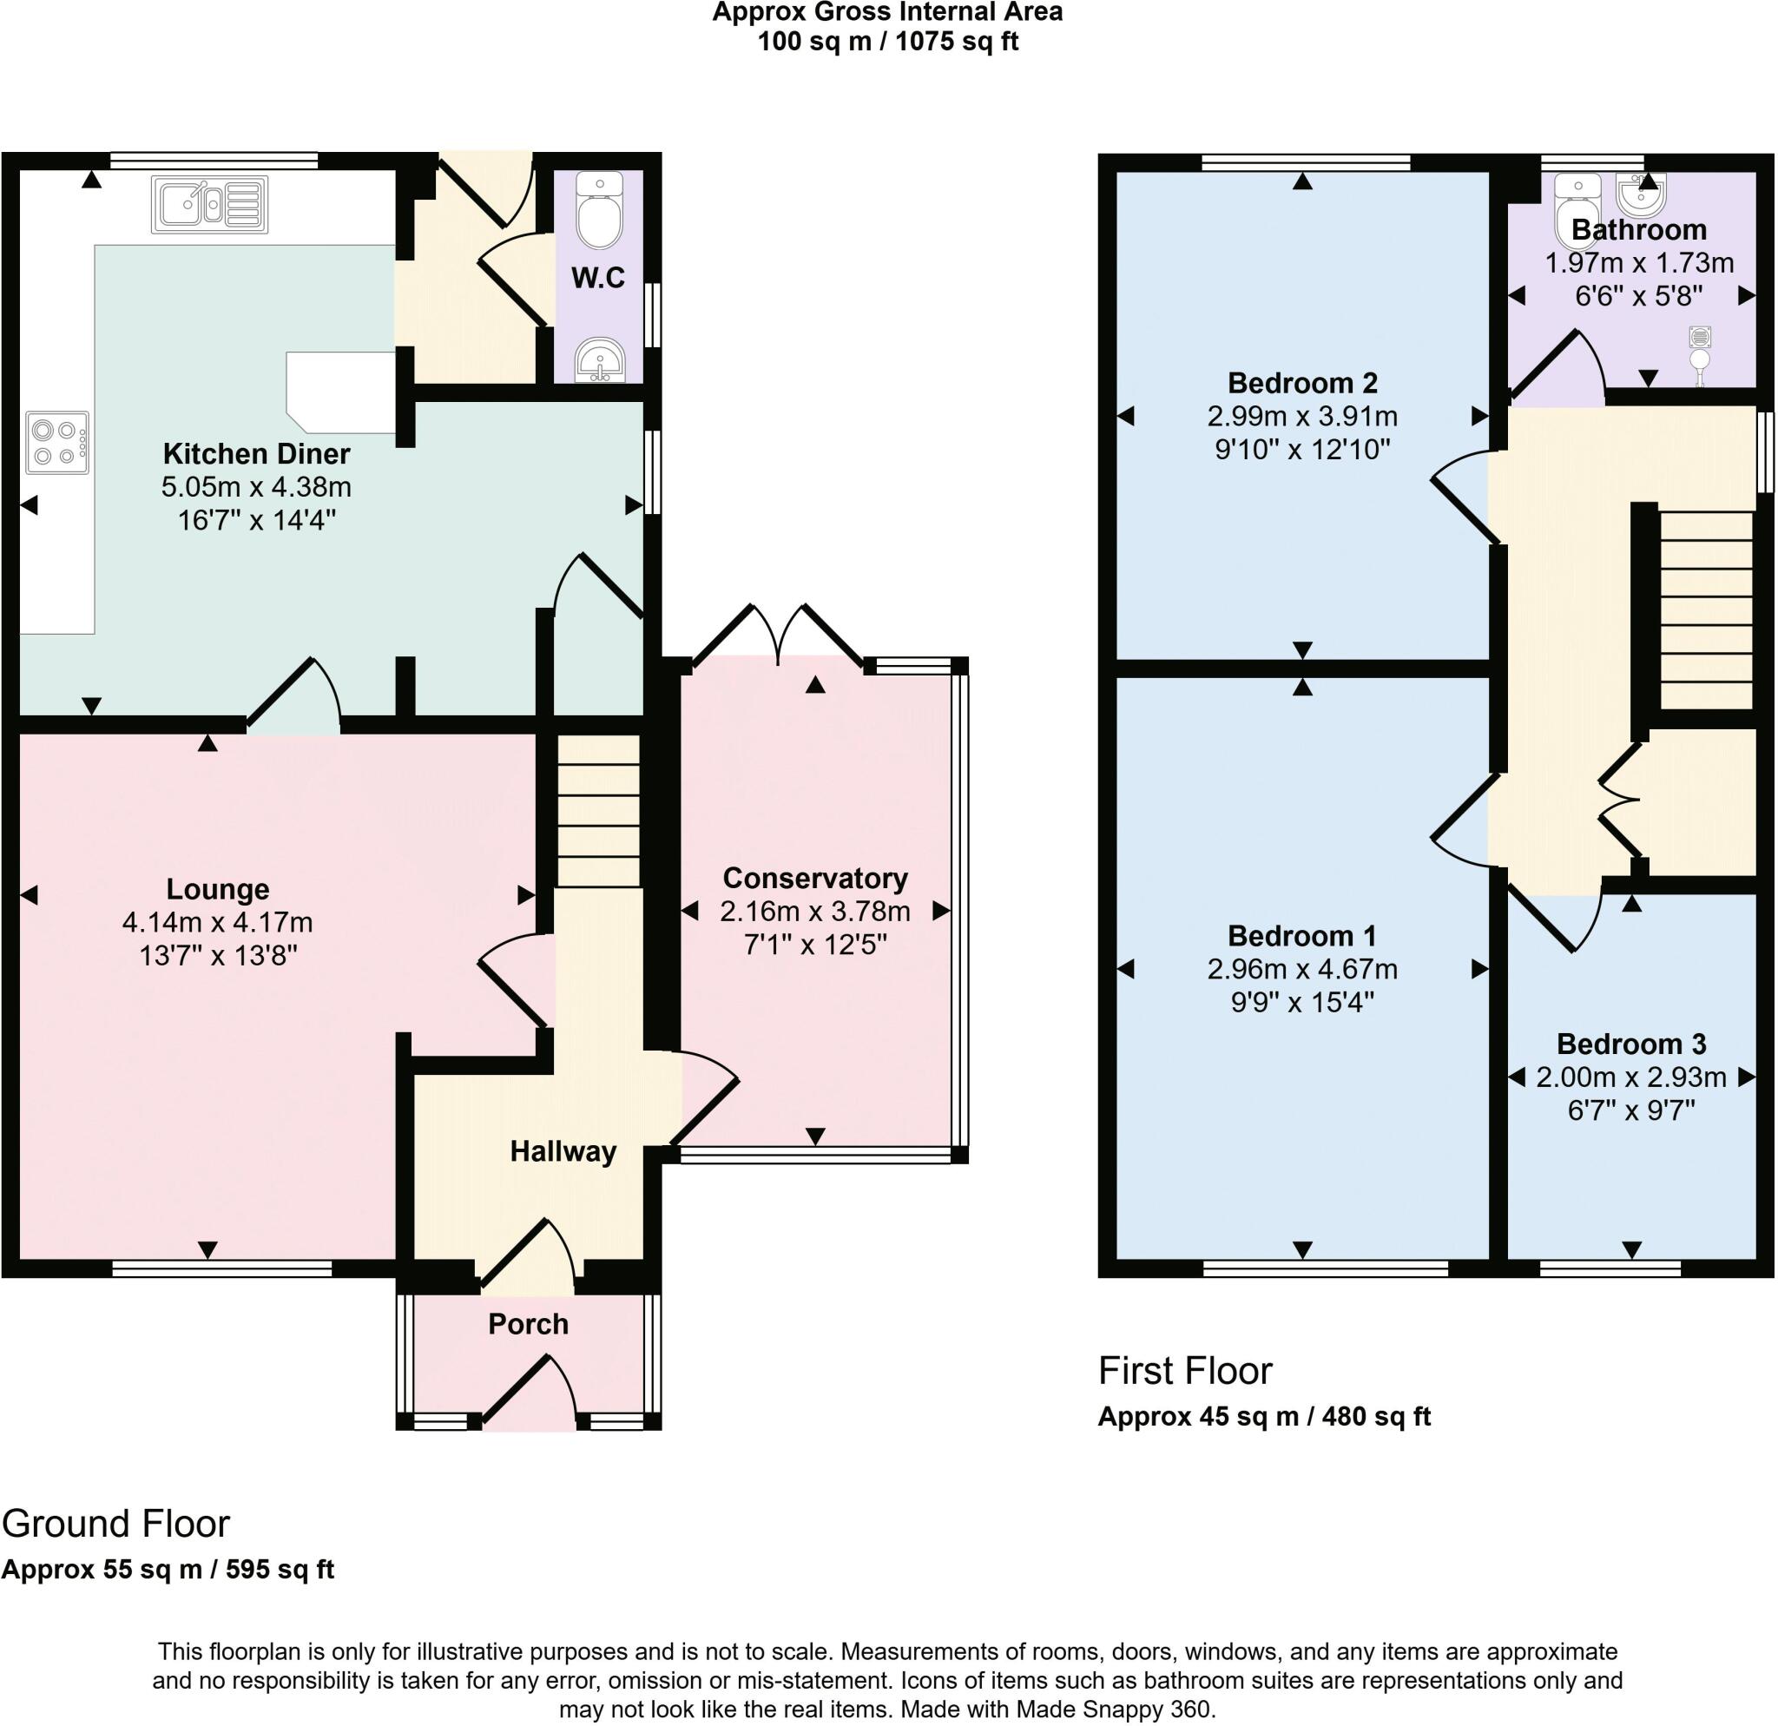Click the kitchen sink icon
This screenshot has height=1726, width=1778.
[210, 204]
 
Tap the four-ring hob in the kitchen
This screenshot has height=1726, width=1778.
[57, 443]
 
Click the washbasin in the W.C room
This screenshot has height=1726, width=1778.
[599, 360]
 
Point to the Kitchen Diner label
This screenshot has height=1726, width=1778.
[256, 453]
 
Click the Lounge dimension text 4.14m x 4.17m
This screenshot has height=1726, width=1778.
[218, 922]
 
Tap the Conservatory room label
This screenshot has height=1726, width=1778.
[814, 878]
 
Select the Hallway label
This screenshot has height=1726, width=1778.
[563, 1152]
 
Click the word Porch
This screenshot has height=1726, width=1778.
[528, 1324]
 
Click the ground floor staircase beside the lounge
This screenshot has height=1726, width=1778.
[598, 812]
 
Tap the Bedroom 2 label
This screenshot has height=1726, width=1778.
[1301, 383]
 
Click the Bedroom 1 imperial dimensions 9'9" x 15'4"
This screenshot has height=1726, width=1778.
[1301, 1002]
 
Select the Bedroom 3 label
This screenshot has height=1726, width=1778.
[1631, 1044]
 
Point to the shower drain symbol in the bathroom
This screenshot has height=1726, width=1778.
[1700, 338]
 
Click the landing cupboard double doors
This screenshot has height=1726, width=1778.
[1619, 800]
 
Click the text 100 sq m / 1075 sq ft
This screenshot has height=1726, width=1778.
[887, 42]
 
